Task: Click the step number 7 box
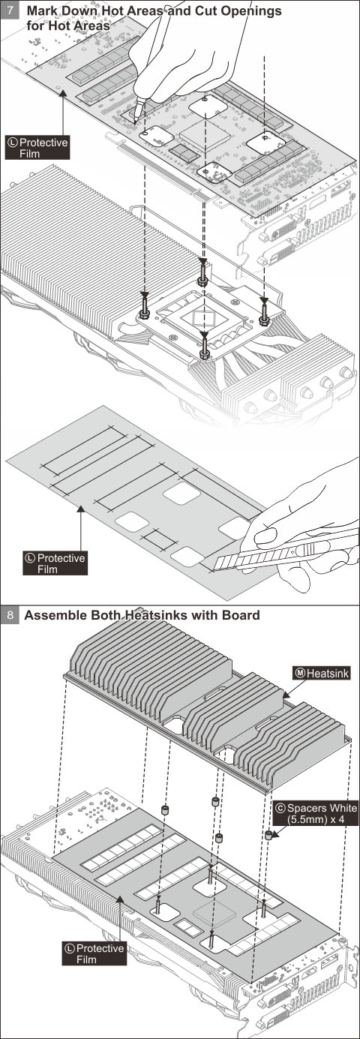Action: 10,11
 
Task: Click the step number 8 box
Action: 10,615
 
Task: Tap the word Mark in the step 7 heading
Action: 42,11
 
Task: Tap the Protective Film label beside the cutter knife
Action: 55,563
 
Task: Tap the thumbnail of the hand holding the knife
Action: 265,536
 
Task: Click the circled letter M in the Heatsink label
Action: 300,673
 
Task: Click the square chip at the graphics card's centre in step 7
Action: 205,134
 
